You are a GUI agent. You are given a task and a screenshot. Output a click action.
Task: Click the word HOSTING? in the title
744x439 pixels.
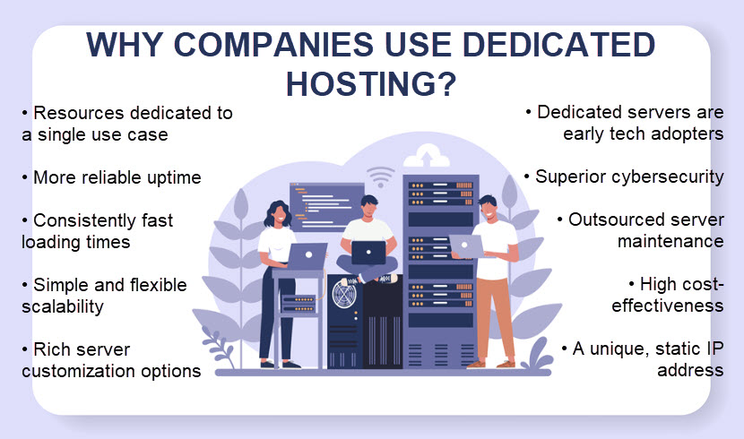coord(371,84)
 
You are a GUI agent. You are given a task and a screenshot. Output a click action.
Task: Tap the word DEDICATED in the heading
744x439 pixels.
coord(558,45)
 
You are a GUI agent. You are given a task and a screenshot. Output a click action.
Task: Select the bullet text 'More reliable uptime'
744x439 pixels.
coord(117,177)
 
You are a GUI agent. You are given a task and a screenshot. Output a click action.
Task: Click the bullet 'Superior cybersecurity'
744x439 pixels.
coord(629,176)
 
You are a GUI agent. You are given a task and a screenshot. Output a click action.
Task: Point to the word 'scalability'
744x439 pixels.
coord(63,306)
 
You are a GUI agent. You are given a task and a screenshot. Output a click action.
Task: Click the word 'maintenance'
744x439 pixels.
coord(670,241)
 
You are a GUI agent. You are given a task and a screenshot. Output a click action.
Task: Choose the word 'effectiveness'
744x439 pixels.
coord(668,306)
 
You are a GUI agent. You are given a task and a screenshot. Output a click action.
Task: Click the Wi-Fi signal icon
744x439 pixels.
coord(380,176)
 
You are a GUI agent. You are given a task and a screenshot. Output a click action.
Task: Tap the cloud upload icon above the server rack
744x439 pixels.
coord(426,157)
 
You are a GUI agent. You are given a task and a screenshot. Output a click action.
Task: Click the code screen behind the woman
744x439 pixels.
coord(326,206)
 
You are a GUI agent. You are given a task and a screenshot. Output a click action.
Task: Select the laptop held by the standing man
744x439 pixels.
coord(467,246)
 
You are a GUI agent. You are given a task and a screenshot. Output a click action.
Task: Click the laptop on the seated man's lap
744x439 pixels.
coord(368,253)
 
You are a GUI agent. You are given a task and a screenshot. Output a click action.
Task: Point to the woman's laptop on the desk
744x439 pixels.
coord(307,256)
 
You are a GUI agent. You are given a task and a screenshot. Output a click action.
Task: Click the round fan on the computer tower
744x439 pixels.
coord(345,294)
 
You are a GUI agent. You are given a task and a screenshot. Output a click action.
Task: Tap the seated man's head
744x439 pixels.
coord(369,206)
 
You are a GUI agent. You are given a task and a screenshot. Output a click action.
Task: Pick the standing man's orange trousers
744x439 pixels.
coord(496,319)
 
